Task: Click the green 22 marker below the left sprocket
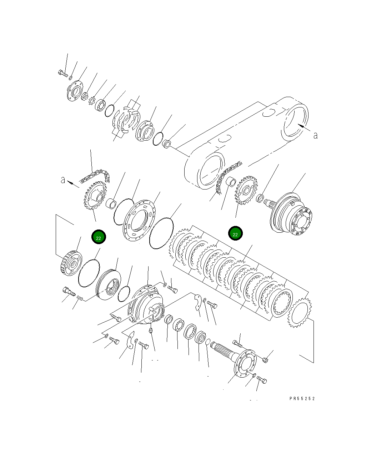[x=99, y=237]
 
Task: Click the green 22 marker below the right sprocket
[x=235, y=234]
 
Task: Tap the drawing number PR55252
[x=302, y=399]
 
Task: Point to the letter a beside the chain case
[x=315, y=135]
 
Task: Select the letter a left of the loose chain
[x=63, y=180]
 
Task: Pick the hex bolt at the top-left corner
[x=62, y=73]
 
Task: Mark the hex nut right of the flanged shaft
[x=265, y=360]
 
